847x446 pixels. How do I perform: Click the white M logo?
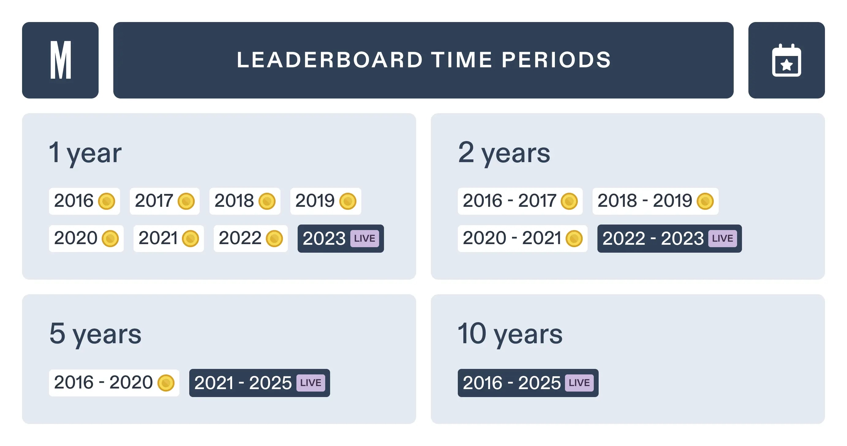[61, 60]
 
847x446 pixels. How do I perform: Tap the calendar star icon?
[786, 60]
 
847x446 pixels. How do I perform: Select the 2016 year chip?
[85, 201]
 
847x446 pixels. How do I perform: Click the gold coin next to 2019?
[348, 201]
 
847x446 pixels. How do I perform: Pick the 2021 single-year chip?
[169, 238]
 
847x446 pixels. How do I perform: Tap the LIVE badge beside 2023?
[365, 238]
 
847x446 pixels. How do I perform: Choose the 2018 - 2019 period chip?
[655, 201]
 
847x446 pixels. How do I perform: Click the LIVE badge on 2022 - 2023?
[722, 238]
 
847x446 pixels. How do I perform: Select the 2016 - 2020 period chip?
[114, 383]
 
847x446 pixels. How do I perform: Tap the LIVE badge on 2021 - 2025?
[311, 383]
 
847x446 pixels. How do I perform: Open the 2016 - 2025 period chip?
[528, 383]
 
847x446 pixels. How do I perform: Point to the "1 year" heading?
[85, 153]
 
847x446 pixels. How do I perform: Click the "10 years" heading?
[510, 334]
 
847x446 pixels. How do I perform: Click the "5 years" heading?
[95, 334]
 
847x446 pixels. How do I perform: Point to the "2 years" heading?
[504, 153]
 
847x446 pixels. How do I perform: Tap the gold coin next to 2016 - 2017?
[569, 201]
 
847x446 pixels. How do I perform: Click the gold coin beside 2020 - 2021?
[574, 238]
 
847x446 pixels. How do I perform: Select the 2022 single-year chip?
[250, 238]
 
